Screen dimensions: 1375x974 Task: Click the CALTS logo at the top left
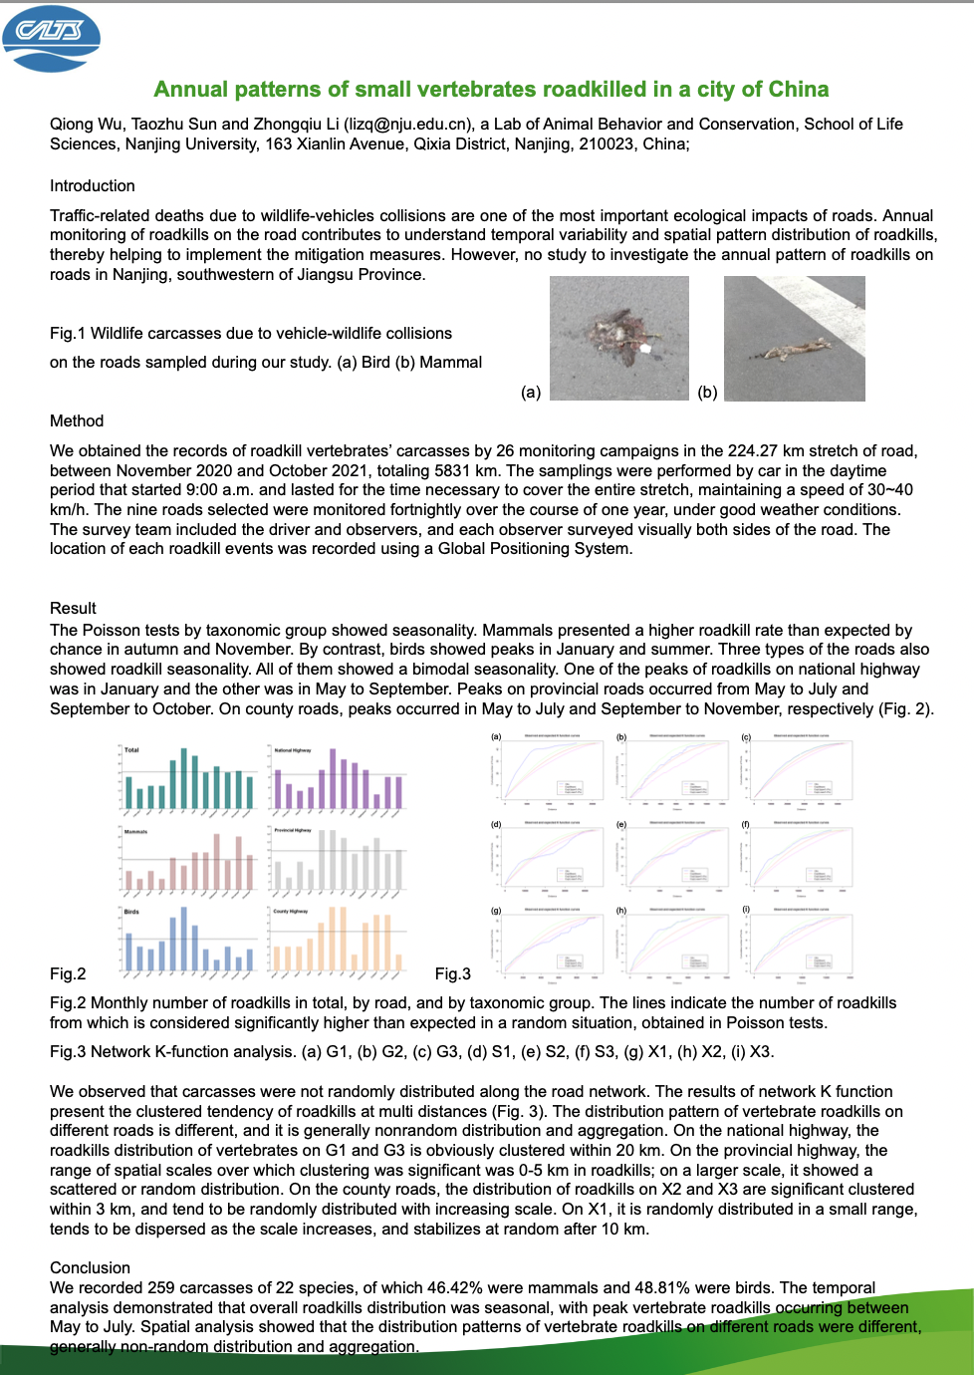pyautogui.click(x=52, y=38)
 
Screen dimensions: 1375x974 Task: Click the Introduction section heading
pyautogui.click(x=92, y=186)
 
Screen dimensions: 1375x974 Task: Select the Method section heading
pyautogui.click(x=77, y=421)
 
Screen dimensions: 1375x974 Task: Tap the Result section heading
pyautogui.click(x=73, y=609)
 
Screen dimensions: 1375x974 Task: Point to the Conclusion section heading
pyautogui.click(x=90, y=1268)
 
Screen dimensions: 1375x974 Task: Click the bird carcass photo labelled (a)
pyautogui.click(x=618, y=339)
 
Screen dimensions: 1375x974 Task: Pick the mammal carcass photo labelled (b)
pyautogui.click(x=794, y=339)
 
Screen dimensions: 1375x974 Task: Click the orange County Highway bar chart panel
pyautogui.click(x=338, y=939)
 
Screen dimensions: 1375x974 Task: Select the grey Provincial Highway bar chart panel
pyautogui.click(x=338, y=858)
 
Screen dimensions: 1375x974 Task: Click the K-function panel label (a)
pyautogui.click(x=496, y=737)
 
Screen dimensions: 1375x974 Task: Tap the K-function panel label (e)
pyautogui.click(x=620, y=825)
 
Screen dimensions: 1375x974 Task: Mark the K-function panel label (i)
pyautogui.click(x=746, y=910)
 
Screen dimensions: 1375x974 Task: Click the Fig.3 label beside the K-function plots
pyautogui.click(x=452, y=974)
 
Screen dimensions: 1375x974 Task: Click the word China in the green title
pyautogui.click(x=799, y=90)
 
